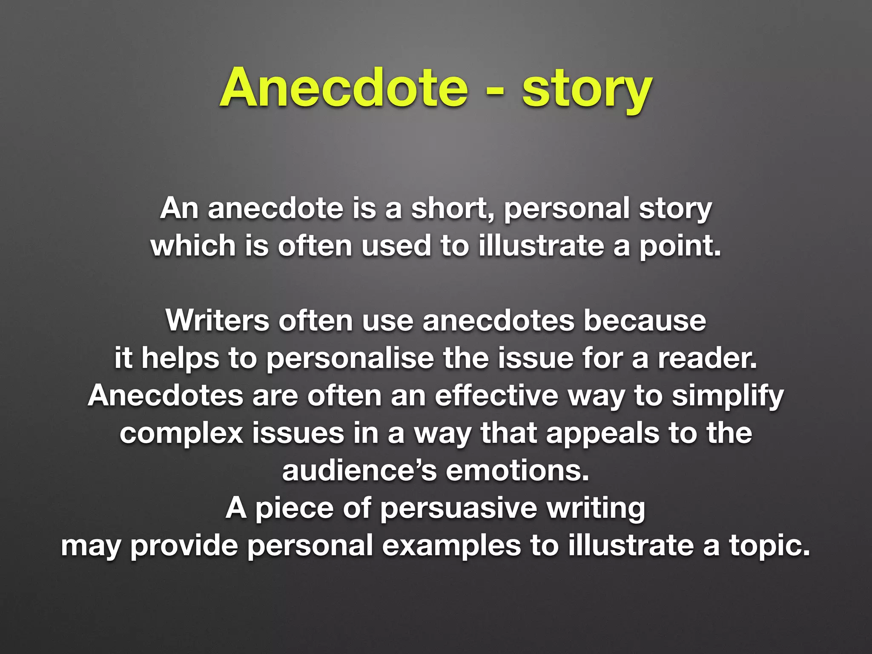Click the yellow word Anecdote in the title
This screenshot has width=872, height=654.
(344, 88)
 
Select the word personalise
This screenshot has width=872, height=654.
(350, 359)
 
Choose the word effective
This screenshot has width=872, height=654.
(496, 396)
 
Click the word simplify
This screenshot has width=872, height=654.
(728, 396)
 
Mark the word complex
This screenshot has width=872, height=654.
(181, 434)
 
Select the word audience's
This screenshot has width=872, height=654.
(359, 470)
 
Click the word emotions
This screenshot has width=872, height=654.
(517, 470)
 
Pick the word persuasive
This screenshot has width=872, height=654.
(458, 508)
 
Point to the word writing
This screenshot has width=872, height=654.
(596, 508)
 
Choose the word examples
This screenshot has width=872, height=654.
(451, 546)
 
